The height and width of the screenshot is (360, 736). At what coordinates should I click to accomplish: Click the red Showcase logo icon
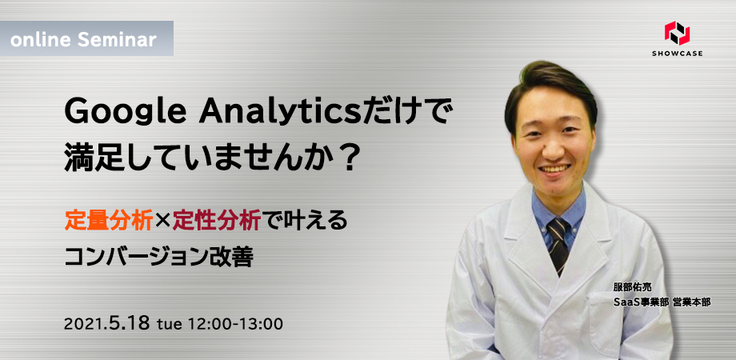tap(677, 33)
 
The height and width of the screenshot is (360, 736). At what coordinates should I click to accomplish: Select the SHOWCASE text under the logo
tap(677, 54)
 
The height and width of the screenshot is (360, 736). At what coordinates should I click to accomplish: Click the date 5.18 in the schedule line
tap(129, 323)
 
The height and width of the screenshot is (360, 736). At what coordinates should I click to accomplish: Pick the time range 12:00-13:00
tap(235, 323)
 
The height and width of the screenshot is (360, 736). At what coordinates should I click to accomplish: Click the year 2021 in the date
tap(84, 324)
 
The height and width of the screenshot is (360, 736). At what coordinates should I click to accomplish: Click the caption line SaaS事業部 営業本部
tap(662, 302)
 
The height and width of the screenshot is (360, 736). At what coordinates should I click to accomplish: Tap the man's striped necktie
tap(559, 244)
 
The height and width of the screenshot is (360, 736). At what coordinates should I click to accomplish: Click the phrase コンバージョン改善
tap(159, 258)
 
